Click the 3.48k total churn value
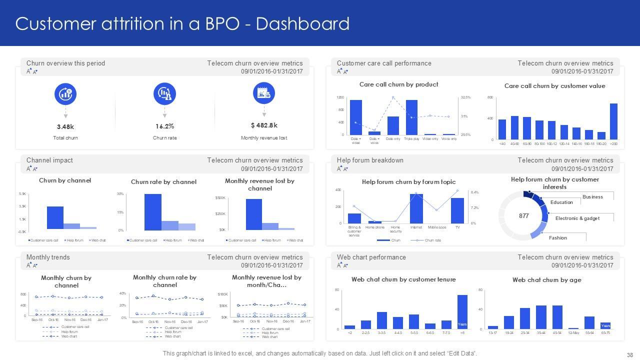coord(65,126)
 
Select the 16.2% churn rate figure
coord(164,126)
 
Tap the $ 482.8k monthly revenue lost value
coord(264,125)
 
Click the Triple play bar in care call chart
coord(411,117)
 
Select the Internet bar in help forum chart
coord(416,208)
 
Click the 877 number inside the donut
coord(523,216)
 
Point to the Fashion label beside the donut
coord(557,237)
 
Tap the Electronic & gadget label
coord(577,218)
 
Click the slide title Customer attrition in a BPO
coord(182,23)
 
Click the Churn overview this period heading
coord(65,63)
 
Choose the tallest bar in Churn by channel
coord(55,217)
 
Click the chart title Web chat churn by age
coord(546,280)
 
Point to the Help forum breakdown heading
coord(370,160)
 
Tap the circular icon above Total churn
coord(65,94)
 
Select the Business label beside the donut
coord(592,196)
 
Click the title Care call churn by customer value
coord(554,86)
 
